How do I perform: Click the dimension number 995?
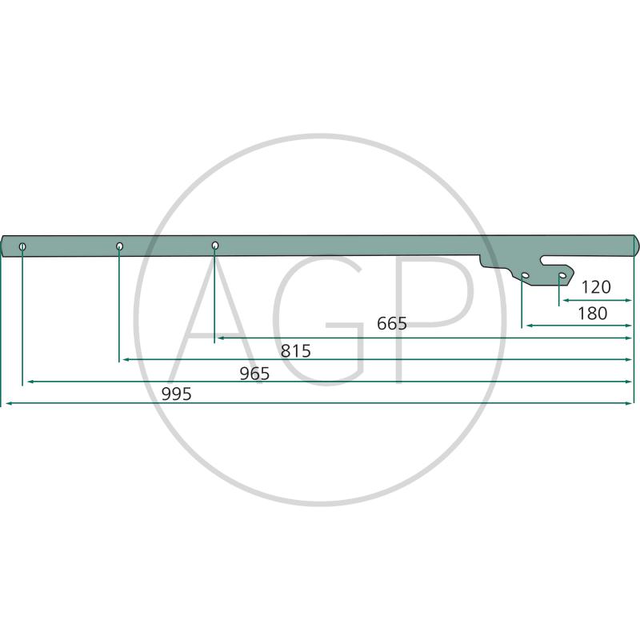point(176,394)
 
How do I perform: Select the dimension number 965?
point(254,374)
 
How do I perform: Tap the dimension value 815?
point(295,351)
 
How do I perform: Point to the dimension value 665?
point(392,324)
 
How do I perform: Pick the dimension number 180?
point(592,314)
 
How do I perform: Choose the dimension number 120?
point(595,287)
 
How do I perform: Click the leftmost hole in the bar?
point(22,246)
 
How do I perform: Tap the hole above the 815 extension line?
point(119,246)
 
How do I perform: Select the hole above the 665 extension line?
point(215,245)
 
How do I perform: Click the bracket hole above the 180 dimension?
point(526,275)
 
